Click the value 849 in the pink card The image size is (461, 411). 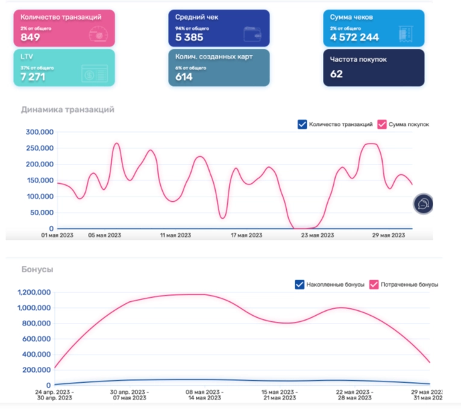pos(30,37)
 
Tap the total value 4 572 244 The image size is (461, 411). pos(354,37)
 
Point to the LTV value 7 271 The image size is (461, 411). pos(33,77)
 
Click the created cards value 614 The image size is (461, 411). pos(184,77)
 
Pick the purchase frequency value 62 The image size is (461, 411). pos(336,74)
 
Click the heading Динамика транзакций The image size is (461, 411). pos(67,110)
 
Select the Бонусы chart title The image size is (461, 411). pos(37,269)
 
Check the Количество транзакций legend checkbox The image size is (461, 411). pos(303,125)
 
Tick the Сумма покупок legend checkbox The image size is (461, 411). pos(381,125)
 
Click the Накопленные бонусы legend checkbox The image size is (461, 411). pos(300,284)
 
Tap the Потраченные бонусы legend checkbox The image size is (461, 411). pos(373,284)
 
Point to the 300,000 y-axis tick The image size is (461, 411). pos(40,132)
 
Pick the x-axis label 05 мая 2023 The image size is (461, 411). pos(105,235)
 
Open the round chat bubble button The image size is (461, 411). pos(424,204)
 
